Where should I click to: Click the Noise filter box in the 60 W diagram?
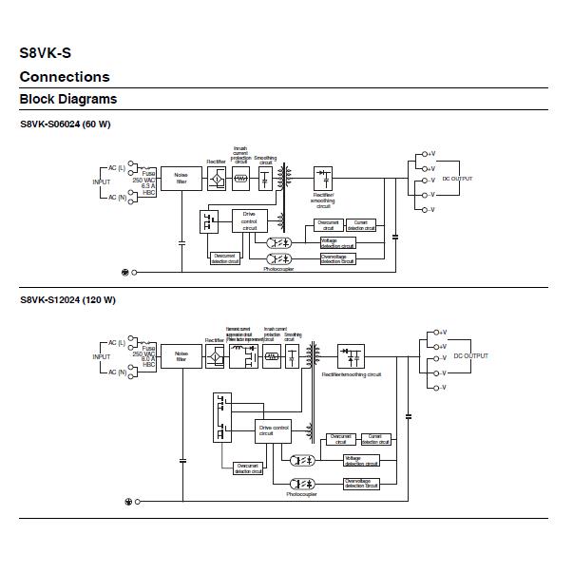[181, 179]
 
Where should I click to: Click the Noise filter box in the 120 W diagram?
[181, 357]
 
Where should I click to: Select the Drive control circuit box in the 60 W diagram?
[250, 221]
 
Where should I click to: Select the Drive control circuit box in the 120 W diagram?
[274, 431]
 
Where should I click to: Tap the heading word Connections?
[65, 77]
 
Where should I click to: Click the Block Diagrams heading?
[68, 99]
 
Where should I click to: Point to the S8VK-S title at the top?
[46, 53]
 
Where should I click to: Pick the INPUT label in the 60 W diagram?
[101, 181]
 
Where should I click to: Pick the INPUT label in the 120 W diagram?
[101, 357]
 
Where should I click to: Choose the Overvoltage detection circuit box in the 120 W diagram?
[362, 483]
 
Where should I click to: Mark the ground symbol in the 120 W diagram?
[129, 501]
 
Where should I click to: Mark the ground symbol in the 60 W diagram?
[124, 272]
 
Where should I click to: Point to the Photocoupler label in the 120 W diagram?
[301, 494]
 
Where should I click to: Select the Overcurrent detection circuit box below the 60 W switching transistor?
[224, 256]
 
